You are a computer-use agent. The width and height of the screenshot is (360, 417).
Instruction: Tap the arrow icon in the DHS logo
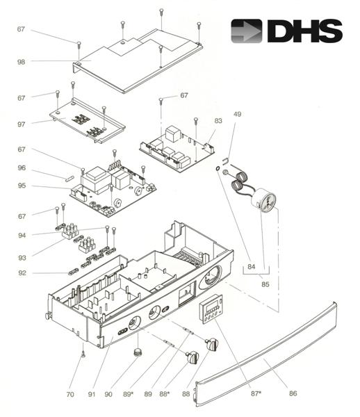[x=247, y=31]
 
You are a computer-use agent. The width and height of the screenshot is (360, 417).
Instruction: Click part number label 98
[x=22, y=62]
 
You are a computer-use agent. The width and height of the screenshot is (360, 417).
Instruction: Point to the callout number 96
[x=22, y=167]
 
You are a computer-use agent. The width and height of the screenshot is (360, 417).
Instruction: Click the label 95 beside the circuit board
[x=22, y=186]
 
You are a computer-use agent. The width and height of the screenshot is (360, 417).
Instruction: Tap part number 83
[x=218, y=121]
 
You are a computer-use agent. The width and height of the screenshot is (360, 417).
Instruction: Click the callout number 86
[x=293, y=393]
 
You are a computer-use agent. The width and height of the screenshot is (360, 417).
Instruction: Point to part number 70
[x=69, y=394]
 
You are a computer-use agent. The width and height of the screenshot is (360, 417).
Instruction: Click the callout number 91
[x=90, y=394]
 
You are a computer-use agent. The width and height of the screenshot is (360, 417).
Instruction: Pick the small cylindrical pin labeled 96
[x=70, y=177]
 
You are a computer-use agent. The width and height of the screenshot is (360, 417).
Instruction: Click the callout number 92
[x=22, y=272]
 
